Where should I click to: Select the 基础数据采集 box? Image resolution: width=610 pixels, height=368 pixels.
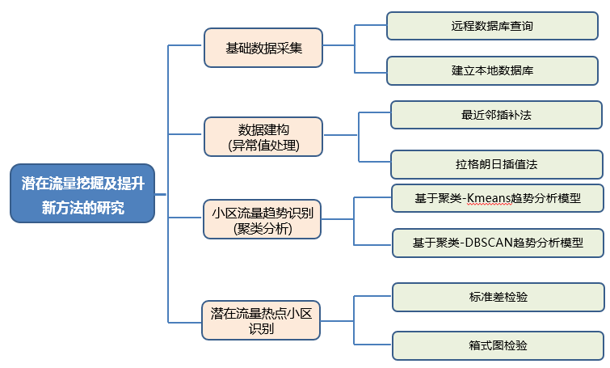pos(263,48)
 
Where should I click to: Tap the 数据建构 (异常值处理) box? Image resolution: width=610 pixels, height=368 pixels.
pos(263,137)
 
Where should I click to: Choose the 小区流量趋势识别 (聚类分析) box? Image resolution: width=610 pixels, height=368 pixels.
pos(263,219)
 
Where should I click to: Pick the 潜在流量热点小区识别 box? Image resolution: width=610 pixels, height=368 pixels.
pos(261,319)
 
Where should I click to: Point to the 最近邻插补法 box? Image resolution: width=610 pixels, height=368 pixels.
pos(496,115)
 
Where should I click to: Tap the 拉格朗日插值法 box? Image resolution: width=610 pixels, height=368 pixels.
pos(496,163)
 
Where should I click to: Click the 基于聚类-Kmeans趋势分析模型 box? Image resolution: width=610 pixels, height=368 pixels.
pos(497,197)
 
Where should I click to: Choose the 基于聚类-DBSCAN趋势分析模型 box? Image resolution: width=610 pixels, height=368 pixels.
pos(498,242)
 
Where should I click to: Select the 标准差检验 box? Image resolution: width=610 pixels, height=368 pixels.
pos(498,297)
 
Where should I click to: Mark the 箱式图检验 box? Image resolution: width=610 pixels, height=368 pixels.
pos(498,345)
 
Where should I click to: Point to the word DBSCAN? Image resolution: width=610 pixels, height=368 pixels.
pos(489,242)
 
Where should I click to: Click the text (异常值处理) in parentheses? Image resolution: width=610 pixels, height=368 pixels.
pos(263,146)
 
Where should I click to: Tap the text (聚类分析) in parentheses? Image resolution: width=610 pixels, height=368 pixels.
pos(263,229)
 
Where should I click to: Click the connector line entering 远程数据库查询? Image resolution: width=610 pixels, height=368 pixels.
pos(371,25)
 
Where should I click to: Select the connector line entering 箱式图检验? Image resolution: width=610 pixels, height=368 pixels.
pos(373,345)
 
